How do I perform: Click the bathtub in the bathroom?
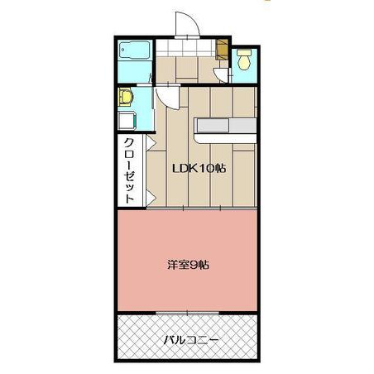(134, 50)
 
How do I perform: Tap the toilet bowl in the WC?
(244, 63)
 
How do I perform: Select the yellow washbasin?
(126, 97)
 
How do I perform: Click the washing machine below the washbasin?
(127, 121)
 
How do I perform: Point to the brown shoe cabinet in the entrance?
(222, 50)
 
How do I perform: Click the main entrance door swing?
(187, 24)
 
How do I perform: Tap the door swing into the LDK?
(168, 98)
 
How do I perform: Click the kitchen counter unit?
(225, 131)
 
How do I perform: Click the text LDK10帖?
(199, 168)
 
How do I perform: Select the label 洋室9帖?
(188, 266)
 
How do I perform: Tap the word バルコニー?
(191, 340)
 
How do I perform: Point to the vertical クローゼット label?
(130, 170)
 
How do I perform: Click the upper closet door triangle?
(151, 143)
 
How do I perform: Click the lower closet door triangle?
(151, 198)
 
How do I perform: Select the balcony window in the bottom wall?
(187, 313)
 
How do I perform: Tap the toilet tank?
(244, 52)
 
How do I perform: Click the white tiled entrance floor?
(185, 48)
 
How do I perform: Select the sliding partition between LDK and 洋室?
(201, 209)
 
